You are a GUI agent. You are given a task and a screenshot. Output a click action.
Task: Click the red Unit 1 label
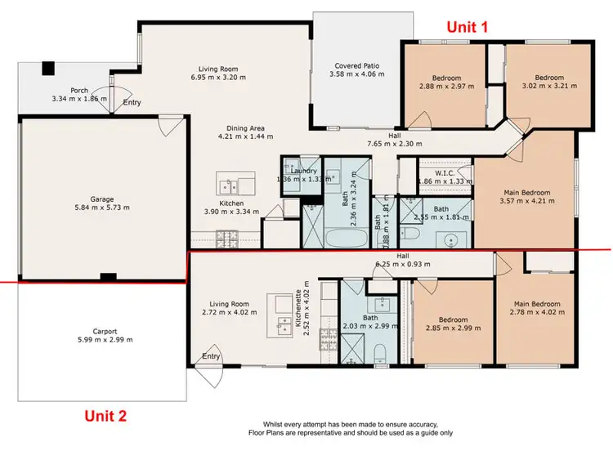click(467, 27)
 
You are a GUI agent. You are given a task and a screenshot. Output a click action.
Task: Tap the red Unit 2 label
click(106, 416)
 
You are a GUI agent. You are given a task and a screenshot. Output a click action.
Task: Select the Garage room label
click(102, 199)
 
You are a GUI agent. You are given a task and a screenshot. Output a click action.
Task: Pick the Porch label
click(79, 90)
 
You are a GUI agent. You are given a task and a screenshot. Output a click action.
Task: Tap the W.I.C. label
click(445, 172)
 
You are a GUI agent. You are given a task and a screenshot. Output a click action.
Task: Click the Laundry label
click(305, 170)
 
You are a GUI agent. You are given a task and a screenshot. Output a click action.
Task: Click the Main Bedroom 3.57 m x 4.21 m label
click(525, 193)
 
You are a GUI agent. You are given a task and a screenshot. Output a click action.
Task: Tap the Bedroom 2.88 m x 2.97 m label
click(445, 78)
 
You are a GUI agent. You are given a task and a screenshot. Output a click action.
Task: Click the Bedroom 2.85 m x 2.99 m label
click(453, 319)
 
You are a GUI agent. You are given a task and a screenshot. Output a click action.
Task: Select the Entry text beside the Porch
click(132, 103)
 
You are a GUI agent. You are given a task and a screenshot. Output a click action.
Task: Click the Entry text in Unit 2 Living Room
click(211, 356)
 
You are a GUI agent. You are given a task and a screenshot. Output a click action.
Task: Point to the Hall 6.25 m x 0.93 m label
click(402, 256)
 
